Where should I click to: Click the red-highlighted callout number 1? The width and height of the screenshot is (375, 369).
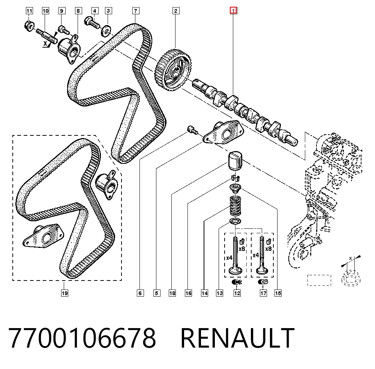click(x=233, y=10)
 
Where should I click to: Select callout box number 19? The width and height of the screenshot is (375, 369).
click(x=64, y=293)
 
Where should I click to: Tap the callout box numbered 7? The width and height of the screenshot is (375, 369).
click(x=136, y=11)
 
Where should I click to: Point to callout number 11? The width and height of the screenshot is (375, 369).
click(x=29, y=11)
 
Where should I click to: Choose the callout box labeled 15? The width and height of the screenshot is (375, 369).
click(x=278, y=293)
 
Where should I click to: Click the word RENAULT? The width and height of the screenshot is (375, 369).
click(x=237, y=338)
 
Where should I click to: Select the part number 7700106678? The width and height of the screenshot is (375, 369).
click(x=82, y=338)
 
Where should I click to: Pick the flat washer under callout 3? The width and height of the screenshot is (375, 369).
click(x=106, y=31)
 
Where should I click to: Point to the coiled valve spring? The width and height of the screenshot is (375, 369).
click(x=235, y=205)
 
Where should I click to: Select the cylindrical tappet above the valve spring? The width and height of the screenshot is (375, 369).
click(x=235, y=161)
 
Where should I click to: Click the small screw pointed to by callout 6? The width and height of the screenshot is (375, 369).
click(x=192, y=129)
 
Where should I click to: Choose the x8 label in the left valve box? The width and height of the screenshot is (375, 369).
click(x=242, y=249)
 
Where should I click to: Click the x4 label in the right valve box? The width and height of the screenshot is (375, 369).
click(x=256, y=255)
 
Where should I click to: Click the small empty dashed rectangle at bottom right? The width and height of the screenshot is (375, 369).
click(x=319, y=280)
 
